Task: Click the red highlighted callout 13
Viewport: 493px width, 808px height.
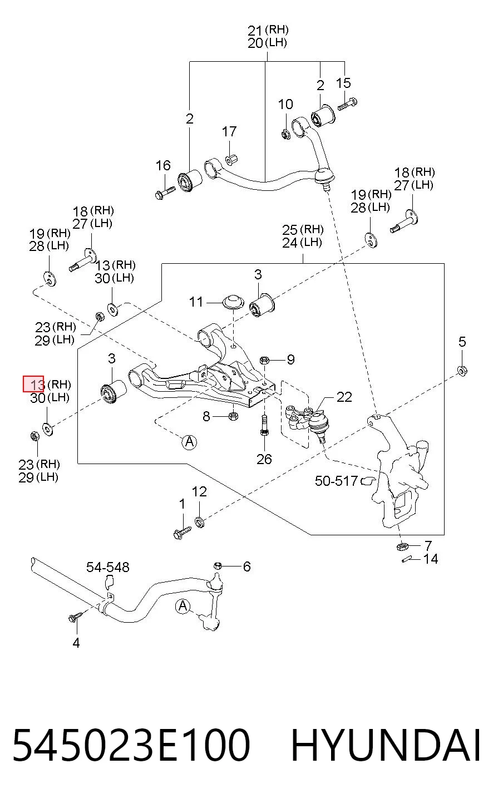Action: [x=33, y=383]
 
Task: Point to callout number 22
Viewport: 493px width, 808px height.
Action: [x=344, y=397]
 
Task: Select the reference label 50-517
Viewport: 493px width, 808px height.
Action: [x=336, y=481]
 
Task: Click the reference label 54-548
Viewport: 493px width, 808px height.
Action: [x=107, y=568]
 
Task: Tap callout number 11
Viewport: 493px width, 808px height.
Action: [x=196, y=302]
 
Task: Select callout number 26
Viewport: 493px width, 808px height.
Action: [x=264, y=459]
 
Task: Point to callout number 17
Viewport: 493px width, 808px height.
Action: [x=229, y=132]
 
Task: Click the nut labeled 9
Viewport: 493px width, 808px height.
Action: [x=264, y=360]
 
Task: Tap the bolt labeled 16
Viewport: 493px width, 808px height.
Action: [x=165, y=192]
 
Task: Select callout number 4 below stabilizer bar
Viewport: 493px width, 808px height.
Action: [x=76, y=643]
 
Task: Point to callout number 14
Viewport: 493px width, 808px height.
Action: [x=431, y=559]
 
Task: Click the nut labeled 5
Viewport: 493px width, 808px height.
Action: [x=462, y=371]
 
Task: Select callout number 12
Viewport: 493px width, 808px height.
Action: [x=199, y=492]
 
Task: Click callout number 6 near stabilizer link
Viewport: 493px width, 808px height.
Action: [x=247, y=566]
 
